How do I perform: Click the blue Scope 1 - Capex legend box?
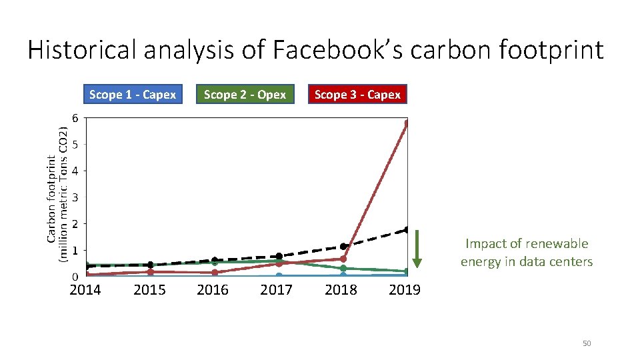click(x=132, y=95)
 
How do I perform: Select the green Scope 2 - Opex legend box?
click(x=245, y=95)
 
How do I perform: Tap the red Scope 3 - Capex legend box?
click(x=357, y=95)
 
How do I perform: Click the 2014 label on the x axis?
click(x=85, y=290)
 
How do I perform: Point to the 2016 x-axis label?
click(x=213, y=290)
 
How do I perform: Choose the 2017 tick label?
click(x=276, y=290)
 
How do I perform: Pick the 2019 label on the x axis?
click(x=404, y=290)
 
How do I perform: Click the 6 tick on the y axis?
click(x=75, y=118)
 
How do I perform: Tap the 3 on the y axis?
click(x=75, y=197)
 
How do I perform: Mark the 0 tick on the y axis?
click(x=75, y=276)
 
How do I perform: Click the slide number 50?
click(x=587, y=343)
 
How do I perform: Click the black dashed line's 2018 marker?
click(x=343, y=247)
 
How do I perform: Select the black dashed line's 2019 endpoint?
click(x=407, y=230)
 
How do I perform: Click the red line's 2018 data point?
click(x=343, y=259)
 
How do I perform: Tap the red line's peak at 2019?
click(x=407, y=123)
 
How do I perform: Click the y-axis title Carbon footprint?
click(x=51, y=200)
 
